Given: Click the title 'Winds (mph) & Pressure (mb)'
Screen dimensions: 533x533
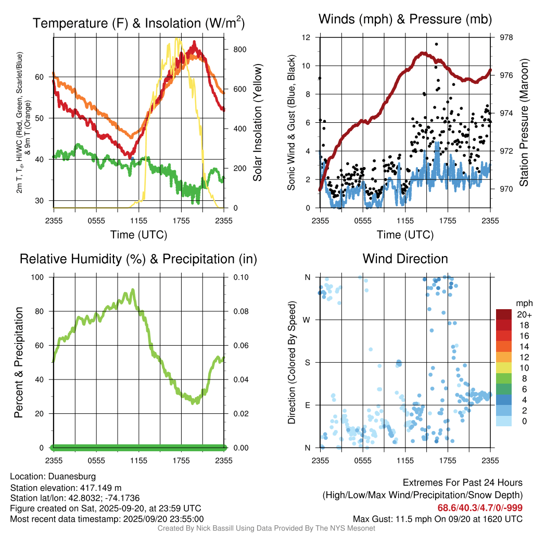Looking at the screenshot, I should click(x=405, y=20).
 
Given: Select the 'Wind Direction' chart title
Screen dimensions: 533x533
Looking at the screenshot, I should click(x=405, y=258).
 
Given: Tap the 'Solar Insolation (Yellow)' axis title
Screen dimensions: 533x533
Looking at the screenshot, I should click(x=257, y=122).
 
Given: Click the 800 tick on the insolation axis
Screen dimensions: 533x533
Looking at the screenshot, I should click(x=239, y=49).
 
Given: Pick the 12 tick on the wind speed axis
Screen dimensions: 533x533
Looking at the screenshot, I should click(x=307, y=37).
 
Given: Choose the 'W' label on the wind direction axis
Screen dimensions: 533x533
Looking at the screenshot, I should click(x=307, y=320).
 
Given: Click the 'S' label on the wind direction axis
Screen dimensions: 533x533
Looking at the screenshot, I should click(x=308, y=362).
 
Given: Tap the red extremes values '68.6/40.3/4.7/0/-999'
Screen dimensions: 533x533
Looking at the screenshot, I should click(x=479, y=507).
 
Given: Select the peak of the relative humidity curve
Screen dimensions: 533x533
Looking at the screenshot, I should click(x=133, y=290).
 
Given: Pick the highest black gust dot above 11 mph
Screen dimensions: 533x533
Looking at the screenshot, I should click(x=436, y=44).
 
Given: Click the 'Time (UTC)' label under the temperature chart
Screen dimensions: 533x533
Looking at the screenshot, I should click(x=138, y=235).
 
